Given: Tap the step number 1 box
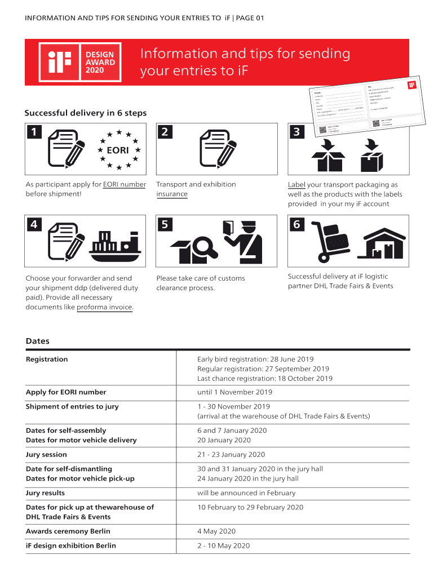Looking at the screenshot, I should [34, 132].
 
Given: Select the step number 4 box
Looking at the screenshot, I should [34, 224].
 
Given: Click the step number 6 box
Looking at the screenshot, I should [296, 225].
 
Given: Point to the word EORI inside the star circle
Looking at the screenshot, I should [118, 150].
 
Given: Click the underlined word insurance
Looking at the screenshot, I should [172, 194].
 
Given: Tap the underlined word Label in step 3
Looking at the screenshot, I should [296, 184].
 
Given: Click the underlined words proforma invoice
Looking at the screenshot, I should [105, 307].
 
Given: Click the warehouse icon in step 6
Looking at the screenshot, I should [383, 244].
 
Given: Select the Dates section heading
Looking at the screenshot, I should [38, 341].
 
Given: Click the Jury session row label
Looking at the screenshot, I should [46, 455].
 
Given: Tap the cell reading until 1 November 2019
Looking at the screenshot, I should [234, 392].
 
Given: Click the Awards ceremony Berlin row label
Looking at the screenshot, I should [68, 531].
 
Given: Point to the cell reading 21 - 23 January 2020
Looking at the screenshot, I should [231, 455].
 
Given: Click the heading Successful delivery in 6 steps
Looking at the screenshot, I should [85, 113].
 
